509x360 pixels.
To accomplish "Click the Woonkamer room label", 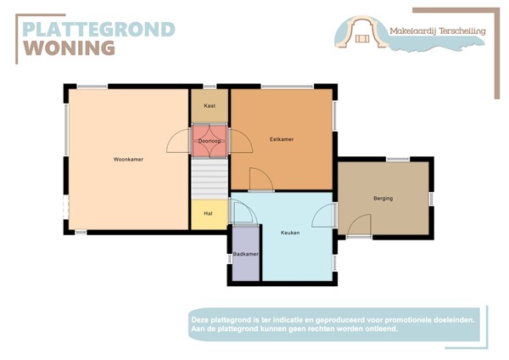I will [x=128, y=159].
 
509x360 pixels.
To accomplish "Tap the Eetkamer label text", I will [x=282, y=139].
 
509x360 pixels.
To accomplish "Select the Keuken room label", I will [x=292, y=232].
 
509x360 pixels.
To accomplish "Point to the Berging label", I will [x=383, y=199].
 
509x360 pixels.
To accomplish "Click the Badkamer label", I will [x=246, y=254].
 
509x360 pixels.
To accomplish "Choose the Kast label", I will [x=210, y=106].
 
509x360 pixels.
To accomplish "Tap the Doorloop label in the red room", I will [x=209, y=141].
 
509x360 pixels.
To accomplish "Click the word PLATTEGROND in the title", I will [x=98, y=29].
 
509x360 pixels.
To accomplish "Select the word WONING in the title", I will [x=69, y=48].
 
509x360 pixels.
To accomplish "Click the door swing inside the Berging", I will [x=359, y=225].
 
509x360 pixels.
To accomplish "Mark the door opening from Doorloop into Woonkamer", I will [x=179, y=141].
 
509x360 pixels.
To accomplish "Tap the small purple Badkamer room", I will [x=246, y=263].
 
